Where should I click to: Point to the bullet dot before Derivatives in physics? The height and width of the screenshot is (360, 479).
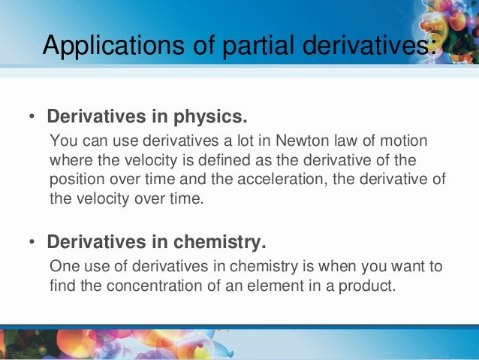(x=32, y=119)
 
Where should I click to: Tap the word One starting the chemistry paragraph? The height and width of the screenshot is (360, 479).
(x=62, y=266)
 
